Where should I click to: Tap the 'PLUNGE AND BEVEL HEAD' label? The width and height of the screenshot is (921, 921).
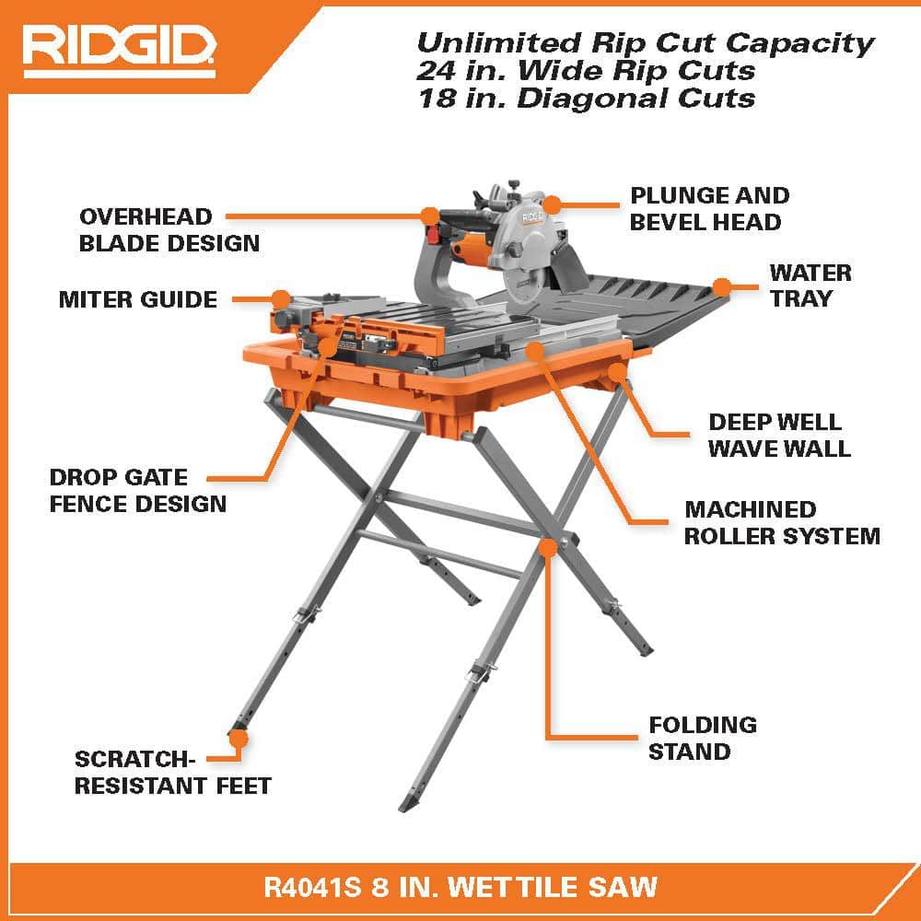tap(709, 209)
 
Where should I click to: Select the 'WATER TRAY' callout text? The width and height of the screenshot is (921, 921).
tap(810, 286)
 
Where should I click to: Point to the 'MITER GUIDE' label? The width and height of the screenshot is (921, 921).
tap(138, 299)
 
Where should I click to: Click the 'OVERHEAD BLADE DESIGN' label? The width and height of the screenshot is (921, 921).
tap(169, 230)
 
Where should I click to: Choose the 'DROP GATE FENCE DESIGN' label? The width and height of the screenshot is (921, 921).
tap(138, 490)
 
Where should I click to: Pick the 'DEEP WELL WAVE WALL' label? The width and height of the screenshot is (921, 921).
tap(779, 435)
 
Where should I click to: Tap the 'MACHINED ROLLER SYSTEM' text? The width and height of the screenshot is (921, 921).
tap(782, 522)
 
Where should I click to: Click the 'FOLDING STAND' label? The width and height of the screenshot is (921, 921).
tap(702, 738)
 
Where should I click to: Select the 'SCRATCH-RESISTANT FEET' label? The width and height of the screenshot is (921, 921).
tap(173, 772)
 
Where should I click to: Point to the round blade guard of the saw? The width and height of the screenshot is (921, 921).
tap(526, 239)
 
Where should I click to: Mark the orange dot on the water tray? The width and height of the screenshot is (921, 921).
tap(722, 286)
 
